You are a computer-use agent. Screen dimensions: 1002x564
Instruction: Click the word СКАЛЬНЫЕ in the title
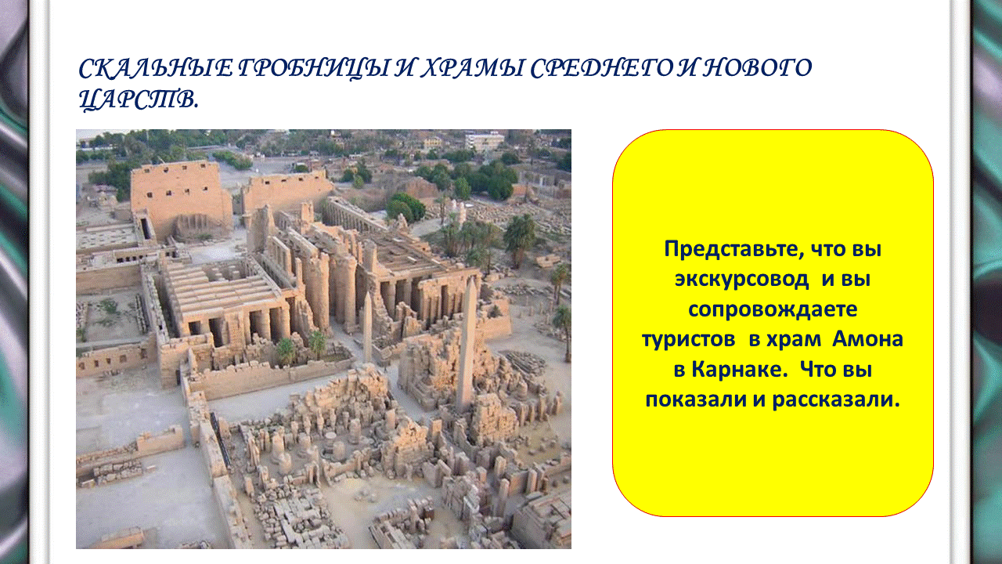coord(156,68)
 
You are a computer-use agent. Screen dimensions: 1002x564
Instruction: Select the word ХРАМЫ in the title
coord(471,68)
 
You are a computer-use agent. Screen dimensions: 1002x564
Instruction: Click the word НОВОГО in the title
coord(757,68)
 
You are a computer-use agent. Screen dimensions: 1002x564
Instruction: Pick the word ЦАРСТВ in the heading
coord(137,99)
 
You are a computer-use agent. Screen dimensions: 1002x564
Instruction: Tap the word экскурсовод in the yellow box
coord(741,280)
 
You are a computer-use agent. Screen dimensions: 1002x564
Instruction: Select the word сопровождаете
coord(773,309)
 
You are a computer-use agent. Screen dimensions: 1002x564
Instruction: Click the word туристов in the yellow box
coord(688,339)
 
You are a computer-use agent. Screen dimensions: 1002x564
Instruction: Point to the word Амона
coord(867,339)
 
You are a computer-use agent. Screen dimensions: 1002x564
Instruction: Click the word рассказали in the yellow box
coord(835,399)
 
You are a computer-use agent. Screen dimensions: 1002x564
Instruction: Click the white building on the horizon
coord(485,141)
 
